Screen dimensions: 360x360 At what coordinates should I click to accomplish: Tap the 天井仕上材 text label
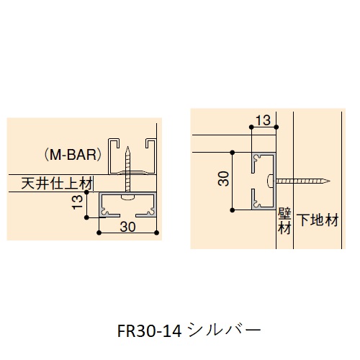[x=54, y=184]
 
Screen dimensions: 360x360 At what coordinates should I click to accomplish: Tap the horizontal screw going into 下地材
[x=299, y=181]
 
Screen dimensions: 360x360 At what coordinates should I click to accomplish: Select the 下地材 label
[x=318, y=220]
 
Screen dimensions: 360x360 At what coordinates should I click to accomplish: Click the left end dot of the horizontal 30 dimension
[x=100, y=233]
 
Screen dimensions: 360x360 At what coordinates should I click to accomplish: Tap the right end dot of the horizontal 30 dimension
[x=158, y=233]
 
